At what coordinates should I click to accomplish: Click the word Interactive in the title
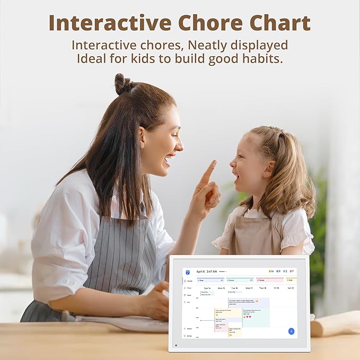110,23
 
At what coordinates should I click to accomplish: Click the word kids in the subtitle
157,58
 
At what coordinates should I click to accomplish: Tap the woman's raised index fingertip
213,163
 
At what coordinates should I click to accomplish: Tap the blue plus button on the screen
291,331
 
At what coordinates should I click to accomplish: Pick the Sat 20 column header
290,288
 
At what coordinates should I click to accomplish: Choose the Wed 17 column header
248,288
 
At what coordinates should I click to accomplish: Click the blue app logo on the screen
187,271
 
